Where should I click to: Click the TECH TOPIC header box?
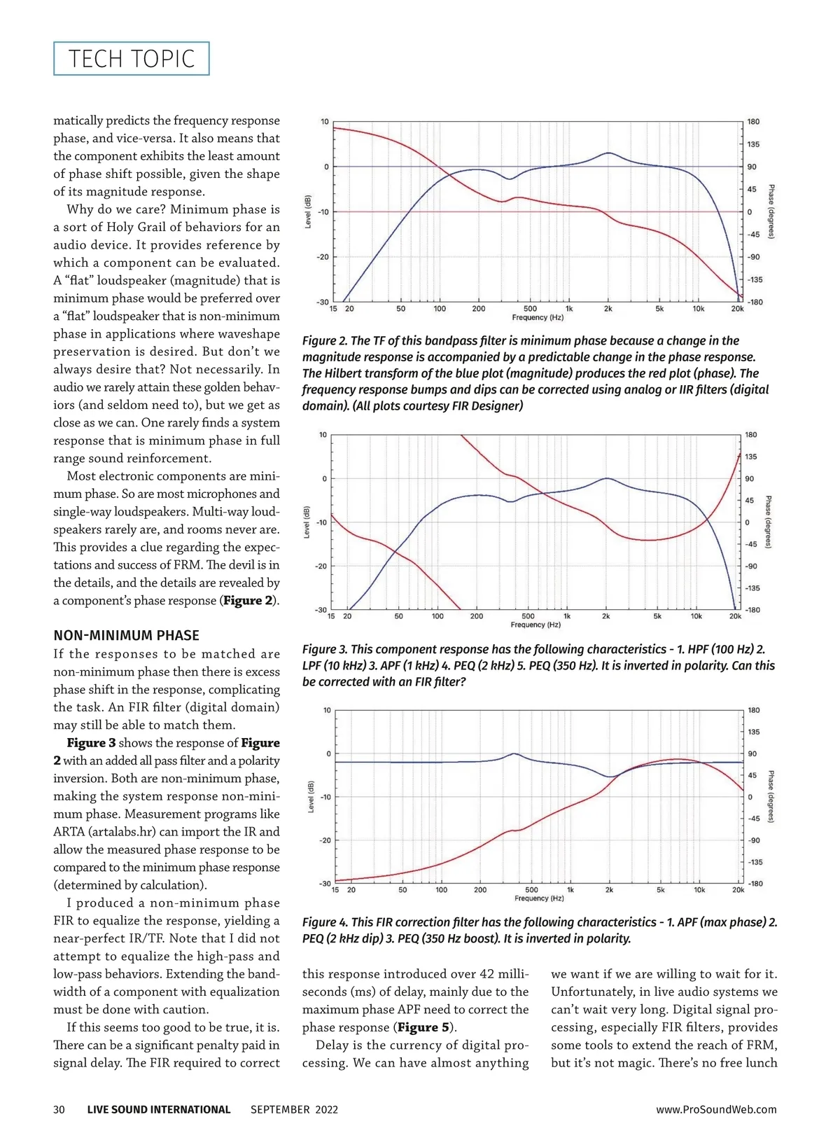(132, 59)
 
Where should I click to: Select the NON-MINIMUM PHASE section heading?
(126, 635)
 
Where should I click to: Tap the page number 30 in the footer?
(59, 1109)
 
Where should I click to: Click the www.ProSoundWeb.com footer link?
(716, 1109)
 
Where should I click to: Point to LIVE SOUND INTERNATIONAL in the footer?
(159, 1109)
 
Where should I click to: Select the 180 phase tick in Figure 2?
(753, 122)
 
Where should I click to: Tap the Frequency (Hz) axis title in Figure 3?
(535, 625)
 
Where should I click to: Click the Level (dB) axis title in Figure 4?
(310, 797)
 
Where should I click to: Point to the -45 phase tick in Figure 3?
(750, 544)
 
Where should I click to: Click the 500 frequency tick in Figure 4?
(531, 890)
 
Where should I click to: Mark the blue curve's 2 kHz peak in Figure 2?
(608, 153)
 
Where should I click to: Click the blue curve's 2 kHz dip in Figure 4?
(610, 777)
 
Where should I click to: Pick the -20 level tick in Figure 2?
(323, 257)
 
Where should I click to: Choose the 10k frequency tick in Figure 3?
(696, 616)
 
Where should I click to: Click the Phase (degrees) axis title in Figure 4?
(771, 797)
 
